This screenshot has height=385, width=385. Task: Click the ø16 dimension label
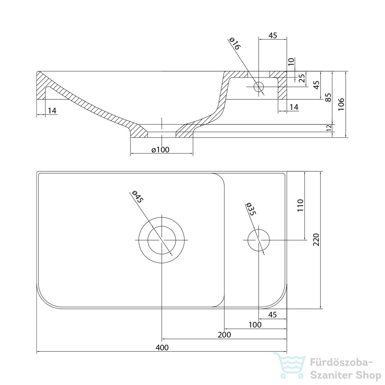235,44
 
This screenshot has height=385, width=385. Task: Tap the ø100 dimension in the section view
161,150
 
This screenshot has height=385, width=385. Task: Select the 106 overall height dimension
341,104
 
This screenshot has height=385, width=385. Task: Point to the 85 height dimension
328,97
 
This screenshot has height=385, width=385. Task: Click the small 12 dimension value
329,128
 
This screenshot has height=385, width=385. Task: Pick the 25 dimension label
302,78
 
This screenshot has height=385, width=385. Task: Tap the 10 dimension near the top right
291,61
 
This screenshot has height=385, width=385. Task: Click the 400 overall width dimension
162,347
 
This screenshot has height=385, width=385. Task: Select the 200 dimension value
224,335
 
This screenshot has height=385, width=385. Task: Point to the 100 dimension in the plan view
255,324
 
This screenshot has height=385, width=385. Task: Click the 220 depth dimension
316,240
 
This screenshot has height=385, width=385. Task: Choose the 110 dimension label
300,206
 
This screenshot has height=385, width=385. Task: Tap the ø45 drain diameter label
138,196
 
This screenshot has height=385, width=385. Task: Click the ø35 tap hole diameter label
251,209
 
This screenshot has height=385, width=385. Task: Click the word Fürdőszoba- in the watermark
341,363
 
